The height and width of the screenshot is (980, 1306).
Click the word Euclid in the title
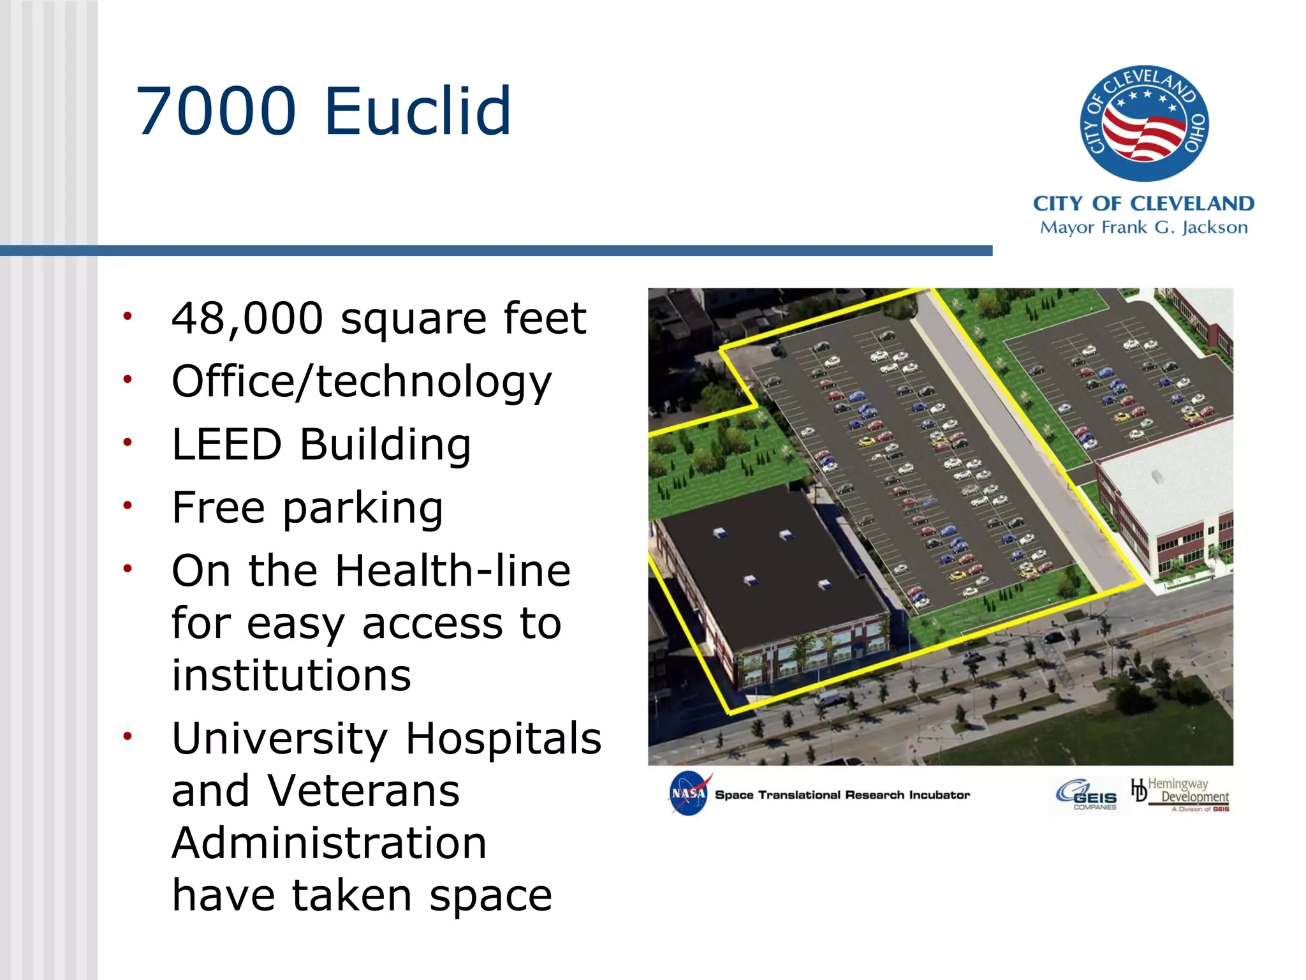(418, 112)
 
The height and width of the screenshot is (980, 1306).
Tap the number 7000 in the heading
(217, 112)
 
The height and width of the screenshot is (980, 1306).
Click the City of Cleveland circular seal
(1144, 123)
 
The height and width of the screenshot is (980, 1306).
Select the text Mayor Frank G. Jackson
(1143, 227)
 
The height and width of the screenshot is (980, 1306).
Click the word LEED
(226, 444)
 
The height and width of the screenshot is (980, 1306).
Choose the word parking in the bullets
(362, 508)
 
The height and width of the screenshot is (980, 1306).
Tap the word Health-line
(452, 570)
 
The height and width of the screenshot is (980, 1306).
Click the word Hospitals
(503, 738)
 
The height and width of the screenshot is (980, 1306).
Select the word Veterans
(363, 791)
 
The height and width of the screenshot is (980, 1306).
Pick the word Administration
(329, 843)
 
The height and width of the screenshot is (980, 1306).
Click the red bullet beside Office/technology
(128, 380)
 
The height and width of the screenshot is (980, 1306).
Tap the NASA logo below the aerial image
(688, 793)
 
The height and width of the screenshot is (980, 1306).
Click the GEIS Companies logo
(1087, 795)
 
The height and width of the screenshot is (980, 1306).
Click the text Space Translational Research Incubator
(842, 795)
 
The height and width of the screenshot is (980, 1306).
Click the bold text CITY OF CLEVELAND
(1143, 204)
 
